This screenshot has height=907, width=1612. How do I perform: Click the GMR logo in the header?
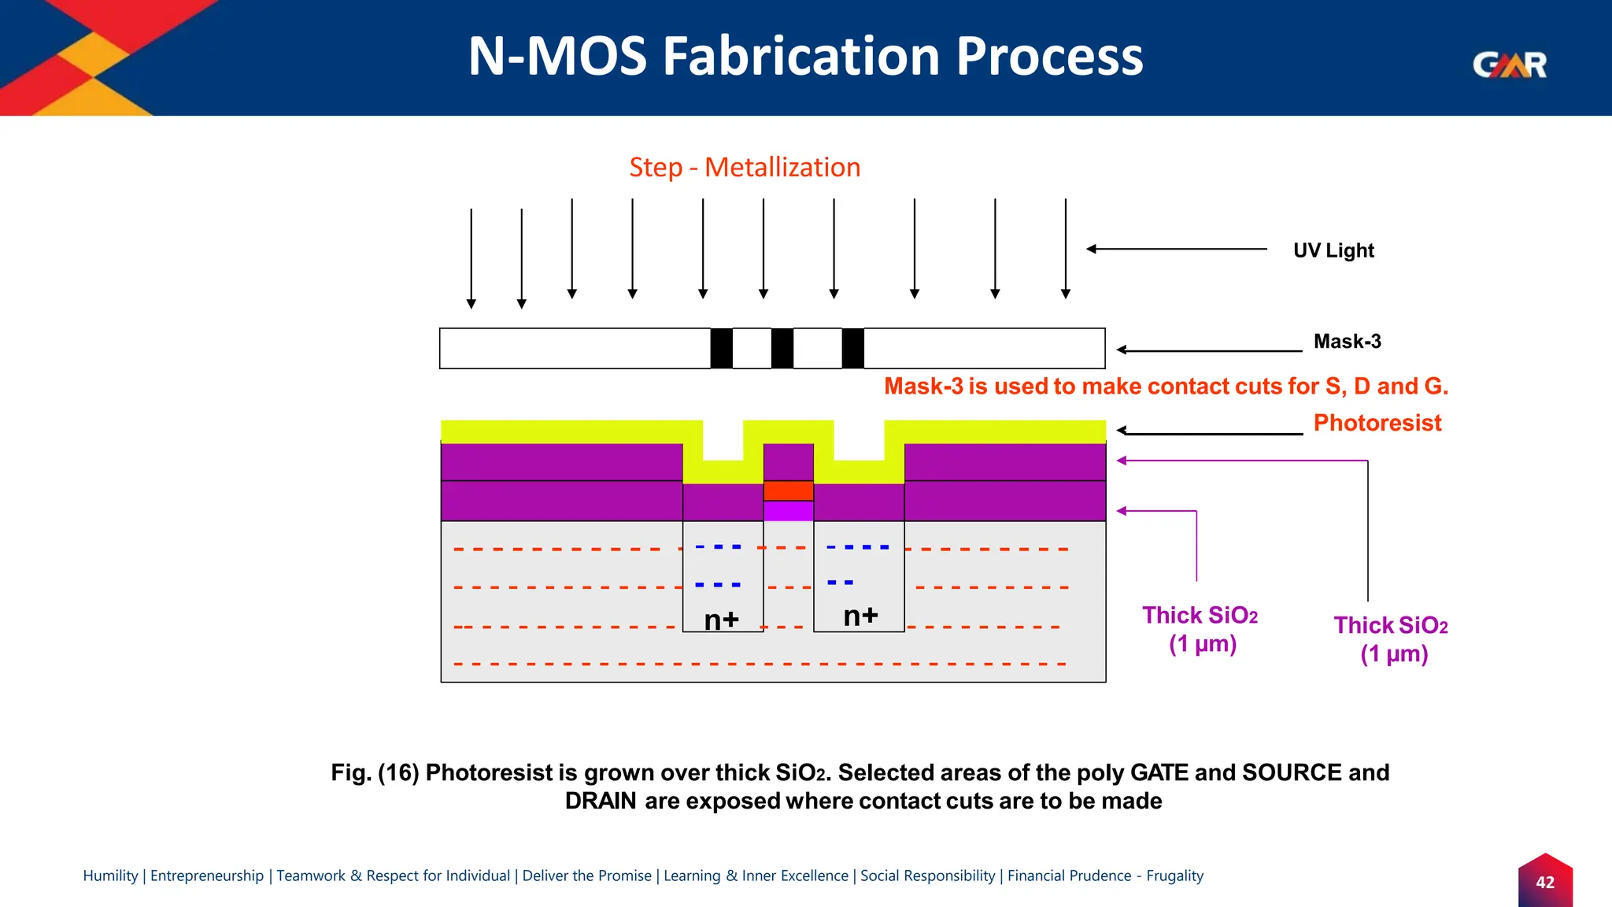pyautogui.click(x=1509, y=65)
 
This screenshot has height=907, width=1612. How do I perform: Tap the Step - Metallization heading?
pyautogui.click(x=744, y=168)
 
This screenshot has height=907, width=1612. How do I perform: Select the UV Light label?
pyautogui.click(x=1333, y=250)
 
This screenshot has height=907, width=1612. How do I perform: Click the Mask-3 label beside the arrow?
pyautogui.click(x=1347, y=342)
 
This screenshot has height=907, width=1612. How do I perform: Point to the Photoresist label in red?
pyautogui.click(x=1377, y=423)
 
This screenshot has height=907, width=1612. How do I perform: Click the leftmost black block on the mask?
pyautogui.click(x=721, y=349)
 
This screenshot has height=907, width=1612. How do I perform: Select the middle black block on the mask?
pyautogui.click(x=782, y=349)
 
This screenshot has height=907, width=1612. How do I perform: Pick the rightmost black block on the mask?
pyautogui.click(x=852, y=349)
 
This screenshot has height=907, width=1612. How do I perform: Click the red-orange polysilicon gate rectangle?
pyautogui.click(x=788, y=491)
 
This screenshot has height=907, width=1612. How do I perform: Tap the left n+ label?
pyautogui.click(x=721, y=620)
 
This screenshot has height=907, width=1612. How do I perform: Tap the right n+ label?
pyautogui.click(x=860, y=616)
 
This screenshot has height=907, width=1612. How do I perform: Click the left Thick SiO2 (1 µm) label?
pyautogui.click(x=1200, y=629)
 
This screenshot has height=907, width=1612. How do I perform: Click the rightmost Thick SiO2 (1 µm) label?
pyautogui.click(x=1391, y=639)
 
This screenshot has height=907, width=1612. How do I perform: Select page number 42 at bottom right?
pyautogui.click(x=1544, y=883)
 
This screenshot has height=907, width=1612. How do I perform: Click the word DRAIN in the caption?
pyautogui.click(x=600, y=801)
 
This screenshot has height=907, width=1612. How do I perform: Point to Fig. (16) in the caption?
pyautogui.click(x=375, y=773)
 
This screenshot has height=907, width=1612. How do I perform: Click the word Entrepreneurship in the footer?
pyautogui.click(x=207, y=876)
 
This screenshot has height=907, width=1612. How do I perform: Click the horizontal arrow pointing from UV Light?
pyautogui.click(x=1177, y=249)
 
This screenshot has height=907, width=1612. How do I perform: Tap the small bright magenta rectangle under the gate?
pyautogui.click(x=788, y=511)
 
